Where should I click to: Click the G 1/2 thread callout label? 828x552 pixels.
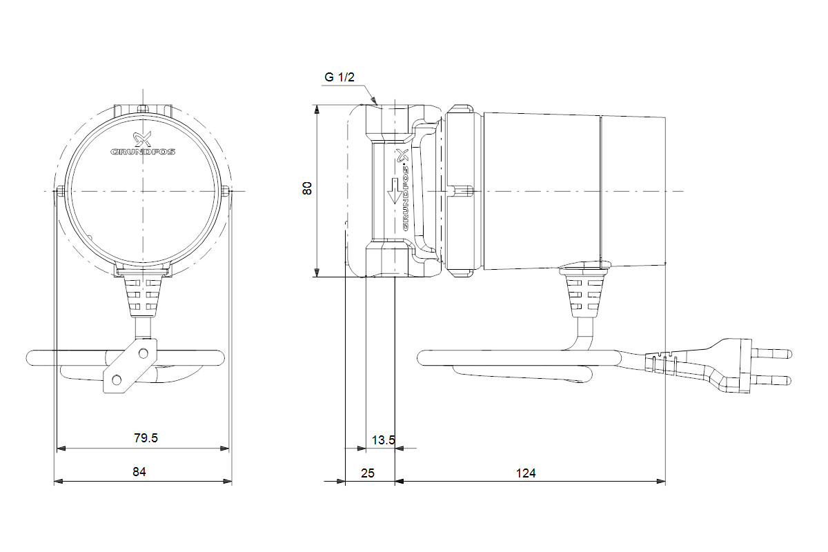click(339, 77)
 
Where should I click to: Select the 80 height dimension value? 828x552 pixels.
click(307, 188)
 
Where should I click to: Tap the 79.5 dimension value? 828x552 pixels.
click(146, 437)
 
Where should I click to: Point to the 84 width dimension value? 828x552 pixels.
click(139, 472)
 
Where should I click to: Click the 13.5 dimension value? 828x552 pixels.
click(384, 440)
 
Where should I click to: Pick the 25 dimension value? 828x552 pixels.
click(367, 473)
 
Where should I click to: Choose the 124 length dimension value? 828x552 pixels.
click(526, 473)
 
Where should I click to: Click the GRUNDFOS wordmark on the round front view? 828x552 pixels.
click(143, 152)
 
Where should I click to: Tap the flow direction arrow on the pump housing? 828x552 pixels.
click(395, 190)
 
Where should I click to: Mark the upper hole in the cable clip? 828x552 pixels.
click(143, 353)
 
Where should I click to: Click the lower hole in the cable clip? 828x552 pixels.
click(117, 379)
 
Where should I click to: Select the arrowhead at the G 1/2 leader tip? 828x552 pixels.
click(374, 100)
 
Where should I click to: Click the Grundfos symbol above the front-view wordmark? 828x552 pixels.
click(143, 139)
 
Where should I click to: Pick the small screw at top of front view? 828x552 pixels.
click(143, 108)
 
